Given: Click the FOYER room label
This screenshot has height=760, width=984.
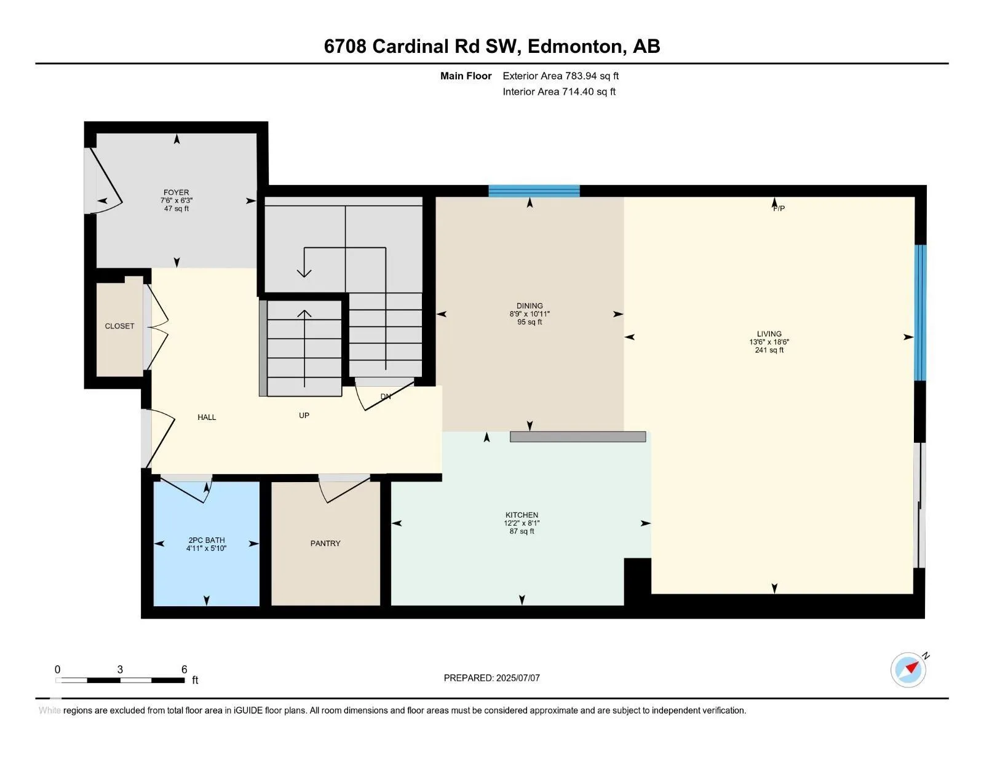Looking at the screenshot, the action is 176,192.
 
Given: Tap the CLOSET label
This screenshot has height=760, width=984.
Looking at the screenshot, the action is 119,326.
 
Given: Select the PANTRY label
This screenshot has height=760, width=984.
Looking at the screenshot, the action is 325,543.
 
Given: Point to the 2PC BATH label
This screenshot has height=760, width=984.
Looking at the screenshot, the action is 207,540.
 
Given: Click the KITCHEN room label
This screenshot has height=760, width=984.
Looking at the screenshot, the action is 522,515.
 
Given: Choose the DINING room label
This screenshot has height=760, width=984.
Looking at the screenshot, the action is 530,306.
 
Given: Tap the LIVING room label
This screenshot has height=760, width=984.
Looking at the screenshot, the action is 769,334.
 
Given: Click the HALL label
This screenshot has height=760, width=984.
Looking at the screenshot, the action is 207,417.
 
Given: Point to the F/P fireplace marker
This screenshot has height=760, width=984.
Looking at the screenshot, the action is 779,208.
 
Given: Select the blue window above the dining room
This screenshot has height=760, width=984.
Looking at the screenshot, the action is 534,191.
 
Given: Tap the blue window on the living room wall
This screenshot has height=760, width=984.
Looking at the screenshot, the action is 920,312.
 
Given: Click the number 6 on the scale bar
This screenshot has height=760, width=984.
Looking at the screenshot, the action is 184,669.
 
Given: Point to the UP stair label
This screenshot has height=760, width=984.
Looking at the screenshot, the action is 304,415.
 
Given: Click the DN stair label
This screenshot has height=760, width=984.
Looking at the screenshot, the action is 386,397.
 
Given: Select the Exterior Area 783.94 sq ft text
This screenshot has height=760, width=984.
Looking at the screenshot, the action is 561,76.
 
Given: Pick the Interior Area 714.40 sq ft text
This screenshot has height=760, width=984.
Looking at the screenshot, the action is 559,92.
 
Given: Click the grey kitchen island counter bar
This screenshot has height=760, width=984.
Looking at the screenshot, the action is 578,437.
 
